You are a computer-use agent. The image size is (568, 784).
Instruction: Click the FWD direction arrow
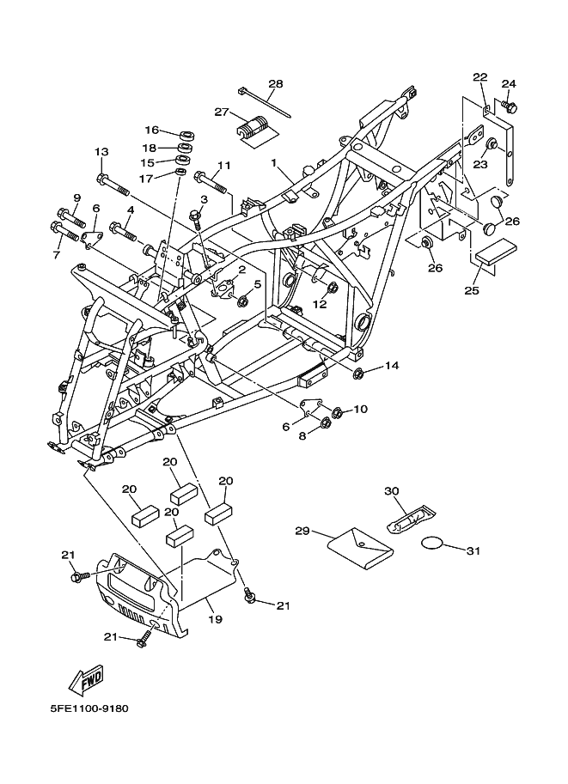pyautogui.click(x=86, y=680)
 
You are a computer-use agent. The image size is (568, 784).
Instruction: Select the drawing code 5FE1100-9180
pyautogui.click(x=89, y=708)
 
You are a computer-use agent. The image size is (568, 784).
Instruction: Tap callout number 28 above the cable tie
pyautogui.click(x=275, y=83)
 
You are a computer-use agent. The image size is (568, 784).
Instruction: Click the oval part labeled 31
pyautogui.click(x=432, y=543)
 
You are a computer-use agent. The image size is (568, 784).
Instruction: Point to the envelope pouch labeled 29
pyautogui.click(x=360, y=547)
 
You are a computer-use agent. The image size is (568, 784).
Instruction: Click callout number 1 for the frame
pyautogui.click(x=274, y=162)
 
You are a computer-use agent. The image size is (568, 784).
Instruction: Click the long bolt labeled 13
pyautogui.click(x=113, y=184)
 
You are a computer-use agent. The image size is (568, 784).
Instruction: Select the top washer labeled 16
pyautogui.click(x=186, y=135)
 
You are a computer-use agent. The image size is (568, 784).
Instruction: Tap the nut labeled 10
pyautogui.click(x=337, y=413)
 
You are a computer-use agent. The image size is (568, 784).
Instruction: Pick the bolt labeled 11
pyautogui.click(x=211, y=183)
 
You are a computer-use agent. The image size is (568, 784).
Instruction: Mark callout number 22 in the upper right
pyautogui.click(x=480, y=77)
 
